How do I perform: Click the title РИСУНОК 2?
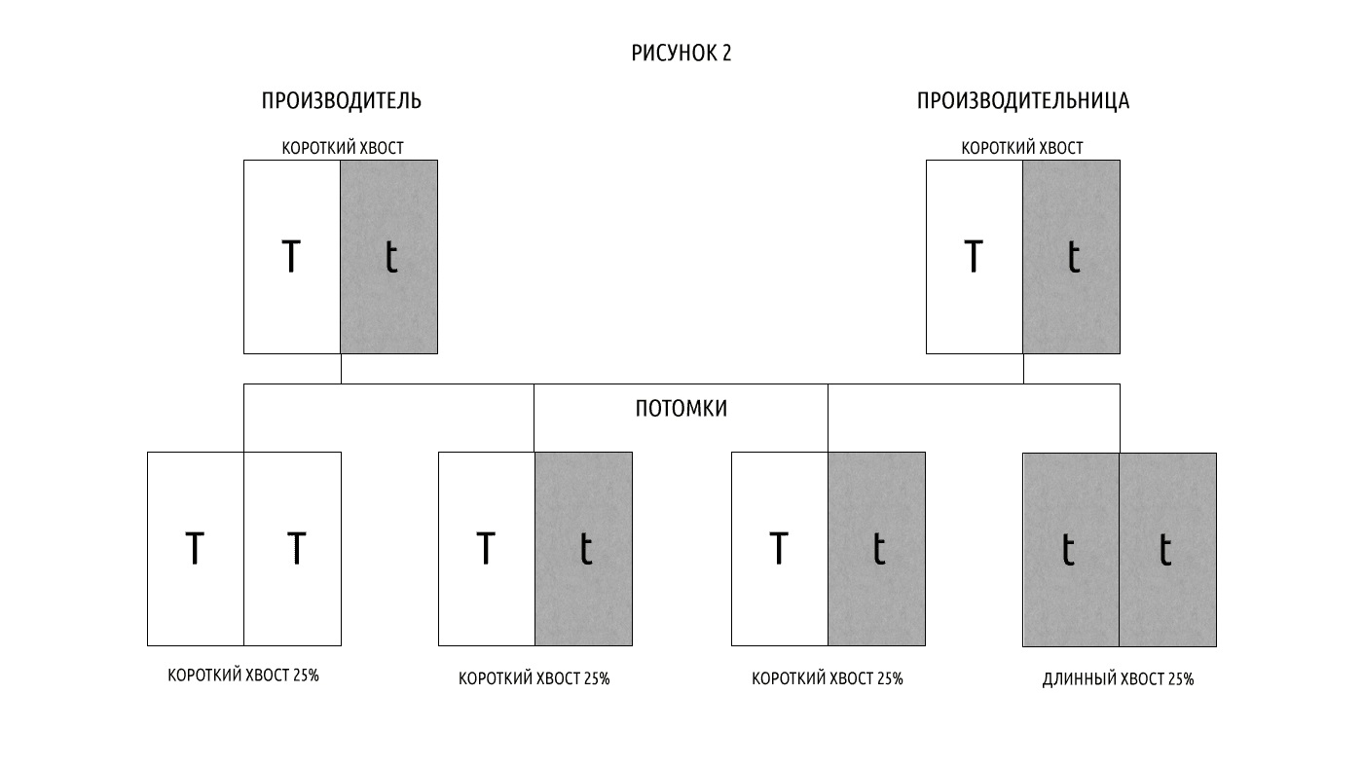pos(681,53)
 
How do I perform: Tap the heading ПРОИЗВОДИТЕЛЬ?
pos(342,100)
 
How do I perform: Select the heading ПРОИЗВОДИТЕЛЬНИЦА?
pos(1023,100)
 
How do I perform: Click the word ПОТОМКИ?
pos(681,408)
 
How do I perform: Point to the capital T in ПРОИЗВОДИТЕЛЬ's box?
pos(291,256)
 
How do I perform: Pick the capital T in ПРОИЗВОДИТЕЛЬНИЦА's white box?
pos(974,256)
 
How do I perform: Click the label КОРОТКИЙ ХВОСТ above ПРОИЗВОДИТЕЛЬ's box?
pos(343,148)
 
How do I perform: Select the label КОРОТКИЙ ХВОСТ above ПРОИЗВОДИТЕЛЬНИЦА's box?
pos(1022,148)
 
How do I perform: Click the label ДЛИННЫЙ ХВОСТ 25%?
pos(1119,678)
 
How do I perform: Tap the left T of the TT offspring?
pos(195,548)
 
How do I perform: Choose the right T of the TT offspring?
pos(296,548)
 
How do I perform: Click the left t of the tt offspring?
pos(1068,549)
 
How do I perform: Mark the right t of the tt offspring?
pos(1165,549)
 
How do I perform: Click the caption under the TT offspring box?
pos(243,676)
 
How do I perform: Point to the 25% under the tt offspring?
pos(1180,678)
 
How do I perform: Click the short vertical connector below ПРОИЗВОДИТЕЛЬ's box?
pos(341,369)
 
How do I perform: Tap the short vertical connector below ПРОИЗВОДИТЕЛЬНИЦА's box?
pos(1023,369)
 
